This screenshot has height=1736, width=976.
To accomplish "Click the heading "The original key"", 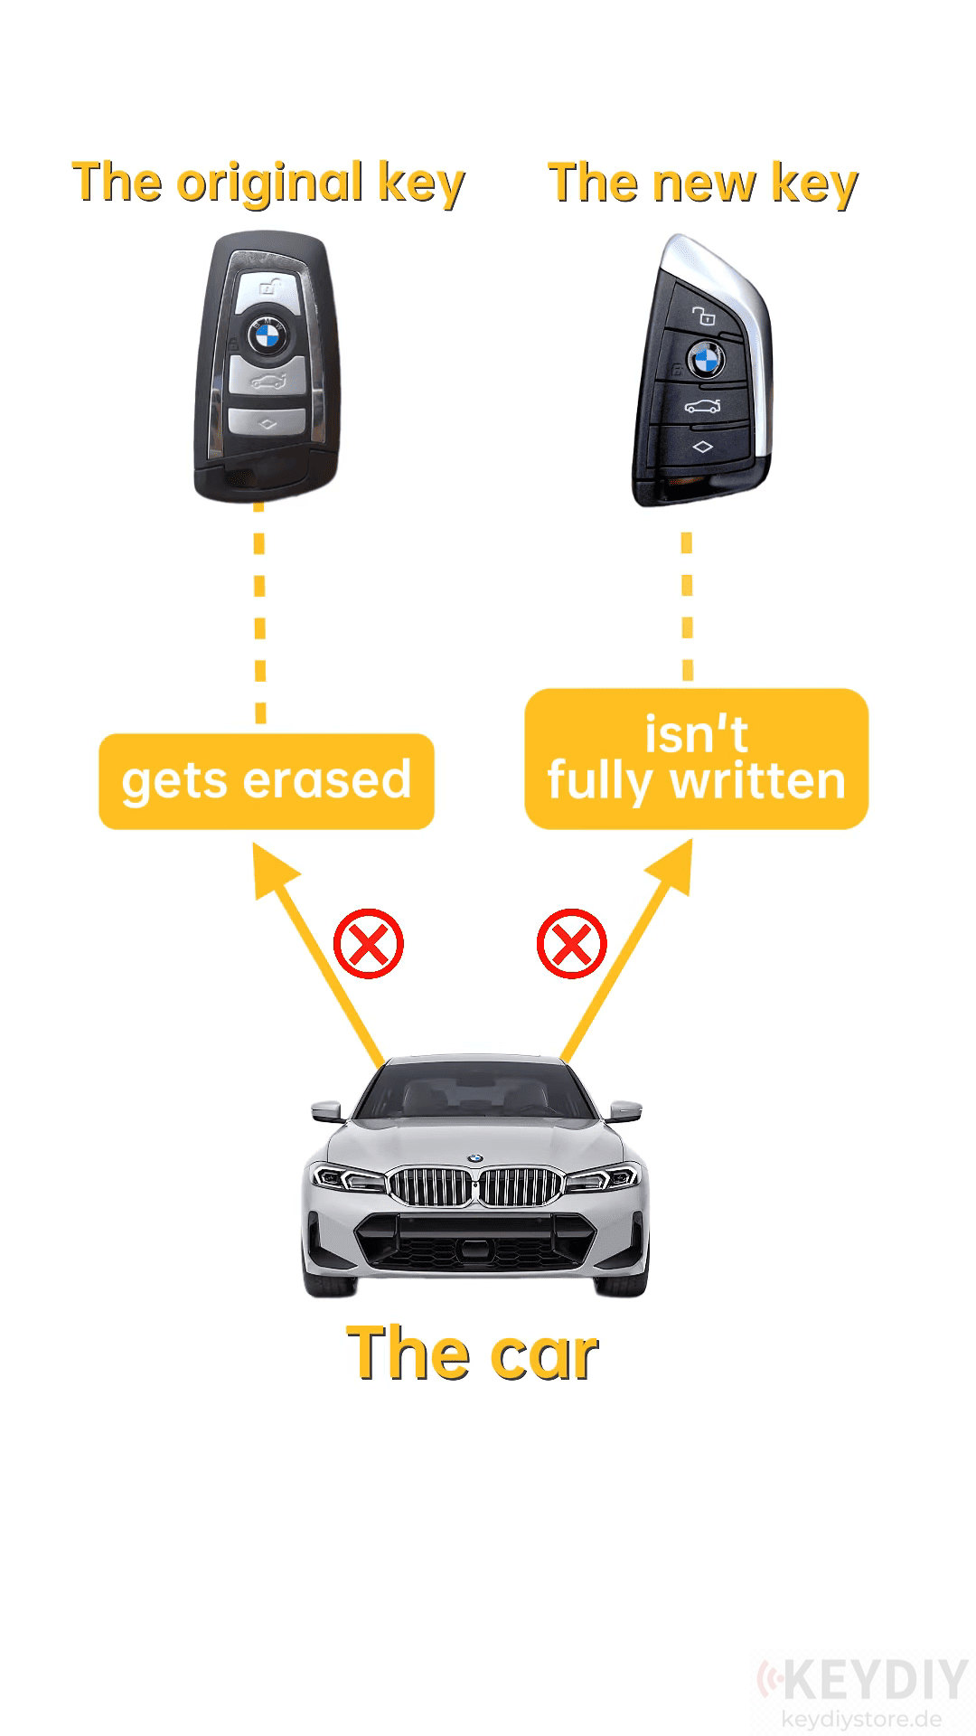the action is (x=268, y=184).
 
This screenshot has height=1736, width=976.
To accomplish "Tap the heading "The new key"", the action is (x=703, y=184).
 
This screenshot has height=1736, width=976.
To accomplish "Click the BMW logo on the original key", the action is (x=267, y=337).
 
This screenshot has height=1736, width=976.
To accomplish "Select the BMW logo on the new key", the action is (x=705, y=360).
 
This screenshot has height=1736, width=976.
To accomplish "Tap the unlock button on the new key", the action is (x=704, y=316).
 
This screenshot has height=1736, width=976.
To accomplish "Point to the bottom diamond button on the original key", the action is (x=267, y=422).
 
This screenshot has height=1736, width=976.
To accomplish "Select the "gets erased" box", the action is (x=267, y=781).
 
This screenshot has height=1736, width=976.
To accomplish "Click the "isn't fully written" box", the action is (x=696, y=759).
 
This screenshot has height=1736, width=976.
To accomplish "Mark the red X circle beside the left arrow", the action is (x=368, y=944).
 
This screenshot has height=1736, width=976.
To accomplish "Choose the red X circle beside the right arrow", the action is (x=571, y=944).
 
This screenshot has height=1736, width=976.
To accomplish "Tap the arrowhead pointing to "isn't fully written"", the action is (x=672, y=868).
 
